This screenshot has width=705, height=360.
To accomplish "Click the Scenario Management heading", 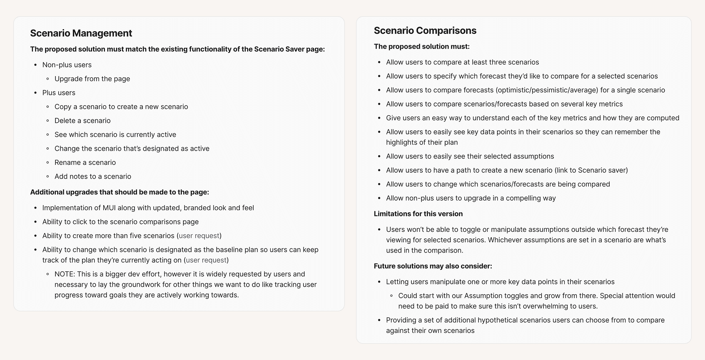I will coord(81,33).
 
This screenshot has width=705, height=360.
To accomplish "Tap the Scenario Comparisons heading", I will coord(425,30).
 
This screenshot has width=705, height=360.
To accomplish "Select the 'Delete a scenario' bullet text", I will coord(82,121).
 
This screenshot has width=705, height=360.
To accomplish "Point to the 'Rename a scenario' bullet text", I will coord(85,162).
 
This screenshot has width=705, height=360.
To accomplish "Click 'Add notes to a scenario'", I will coord(92,176).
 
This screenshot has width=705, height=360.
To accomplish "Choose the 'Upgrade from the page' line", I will coord(92,79).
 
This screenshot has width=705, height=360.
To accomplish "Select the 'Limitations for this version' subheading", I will coord(418,214).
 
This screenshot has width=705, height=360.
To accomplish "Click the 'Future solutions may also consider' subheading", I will coord(433,266).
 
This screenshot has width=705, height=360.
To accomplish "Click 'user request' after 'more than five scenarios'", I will coord(199,236).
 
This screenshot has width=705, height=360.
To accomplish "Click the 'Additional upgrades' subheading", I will coord(120,192).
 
